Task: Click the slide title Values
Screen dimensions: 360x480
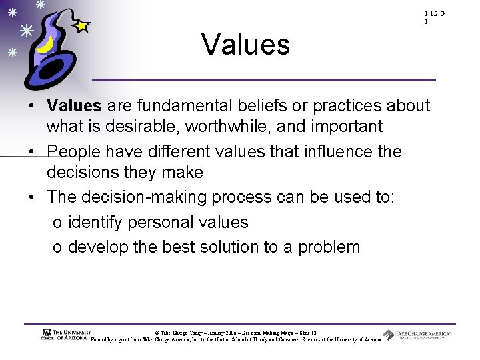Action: pos(245,45)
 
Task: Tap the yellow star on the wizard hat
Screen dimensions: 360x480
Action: pos(81,26)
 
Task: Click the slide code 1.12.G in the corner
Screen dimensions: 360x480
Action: pos(434,14)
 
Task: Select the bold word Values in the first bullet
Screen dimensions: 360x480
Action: pos(74,105)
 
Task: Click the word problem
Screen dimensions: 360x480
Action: pos(329,247)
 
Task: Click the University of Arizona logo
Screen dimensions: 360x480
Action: pos(64,335)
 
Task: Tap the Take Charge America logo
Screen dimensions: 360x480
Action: pos(417,335)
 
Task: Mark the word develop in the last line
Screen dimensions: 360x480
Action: pos(98,247)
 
